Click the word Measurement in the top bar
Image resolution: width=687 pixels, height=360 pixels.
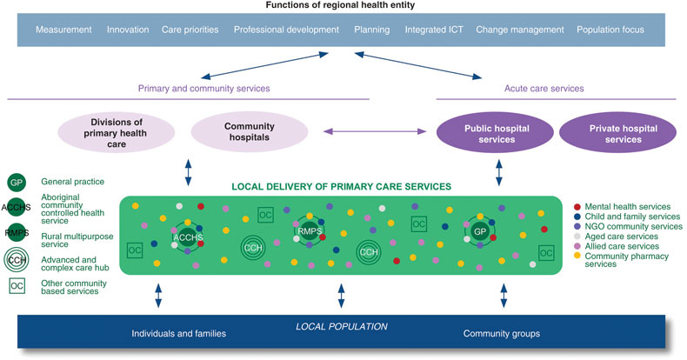pos(63,30)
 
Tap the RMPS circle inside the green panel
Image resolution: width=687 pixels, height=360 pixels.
pos(309,231)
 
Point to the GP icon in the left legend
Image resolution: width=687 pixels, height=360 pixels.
pos(16,183)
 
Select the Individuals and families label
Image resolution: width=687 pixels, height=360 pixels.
pos(178,333)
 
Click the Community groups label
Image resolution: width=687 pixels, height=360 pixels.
pos(503,333)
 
